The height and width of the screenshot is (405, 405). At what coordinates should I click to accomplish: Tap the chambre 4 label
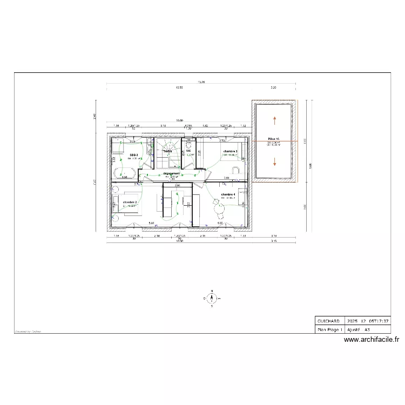227,194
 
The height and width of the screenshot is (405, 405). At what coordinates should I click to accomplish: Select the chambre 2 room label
130,202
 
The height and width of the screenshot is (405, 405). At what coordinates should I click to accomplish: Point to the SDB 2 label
133,155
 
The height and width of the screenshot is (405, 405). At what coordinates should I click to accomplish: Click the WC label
188,151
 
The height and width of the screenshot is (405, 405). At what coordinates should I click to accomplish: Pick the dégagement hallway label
171,174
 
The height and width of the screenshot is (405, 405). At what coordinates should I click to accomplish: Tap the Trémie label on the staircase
167,151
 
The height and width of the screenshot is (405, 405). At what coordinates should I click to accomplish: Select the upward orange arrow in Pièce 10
274,120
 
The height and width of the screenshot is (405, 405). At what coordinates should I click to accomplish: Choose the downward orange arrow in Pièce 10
274,160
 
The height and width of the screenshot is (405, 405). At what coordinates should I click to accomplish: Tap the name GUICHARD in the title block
328,320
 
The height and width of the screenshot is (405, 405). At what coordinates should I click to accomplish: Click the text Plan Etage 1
329,328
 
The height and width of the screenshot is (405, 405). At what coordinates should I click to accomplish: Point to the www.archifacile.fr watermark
371,340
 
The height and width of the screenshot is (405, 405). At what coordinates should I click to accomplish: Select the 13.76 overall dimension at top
201,82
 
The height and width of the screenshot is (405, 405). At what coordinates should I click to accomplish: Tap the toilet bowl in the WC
189,144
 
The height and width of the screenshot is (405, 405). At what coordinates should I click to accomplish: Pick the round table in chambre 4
218,206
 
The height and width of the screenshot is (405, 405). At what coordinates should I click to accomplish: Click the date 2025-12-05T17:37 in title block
368,320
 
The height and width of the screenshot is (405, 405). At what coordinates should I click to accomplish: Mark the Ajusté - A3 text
359,328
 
